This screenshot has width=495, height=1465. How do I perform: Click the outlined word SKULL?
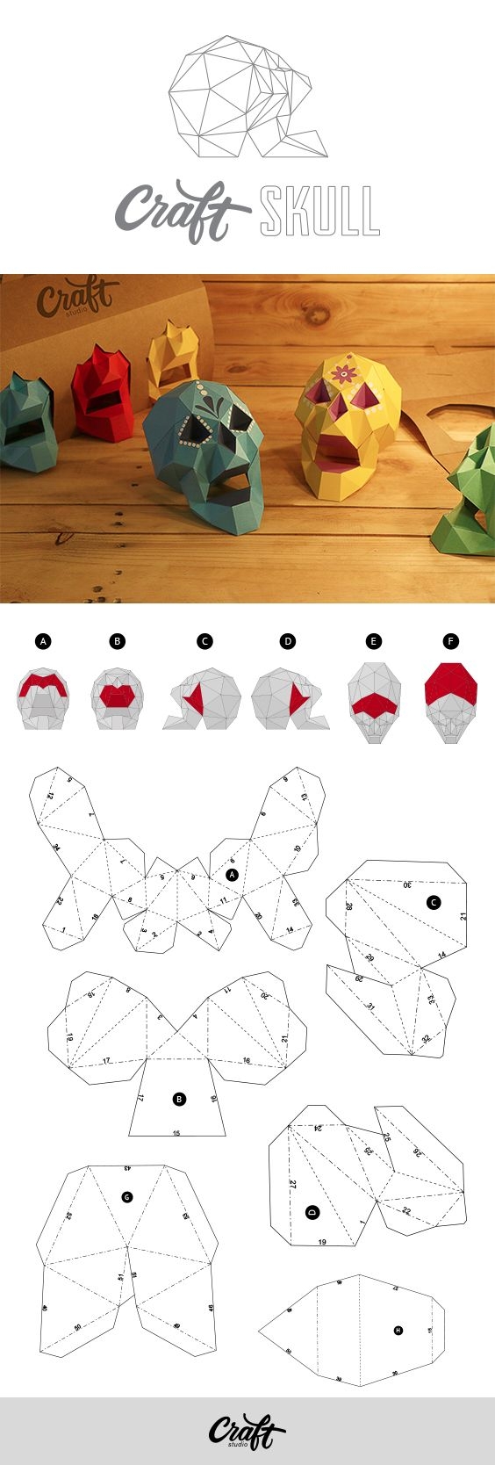coord(319,212)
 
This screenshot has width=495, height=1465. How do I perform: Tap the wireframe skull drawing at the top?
coord(247,101)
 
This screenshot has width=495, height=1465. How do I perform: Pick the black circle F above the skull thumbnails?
coord(451,641)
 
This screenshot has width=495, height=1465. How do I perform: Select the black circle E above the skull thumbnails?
coord(374,641)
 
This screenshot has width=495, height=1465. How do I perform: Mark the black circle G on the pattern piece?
coord(127,1196)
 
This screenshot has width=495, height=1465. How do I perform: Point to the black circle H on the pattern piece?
coord(398,1330)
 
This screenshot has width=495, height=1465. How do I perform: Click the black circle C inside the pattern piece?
coord(434,902)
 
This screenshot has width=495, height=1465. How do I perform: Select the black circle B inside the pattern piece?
coord(179,1098)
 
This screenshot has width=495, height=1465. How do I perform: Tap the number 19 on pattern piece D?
coord(322,1242)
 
